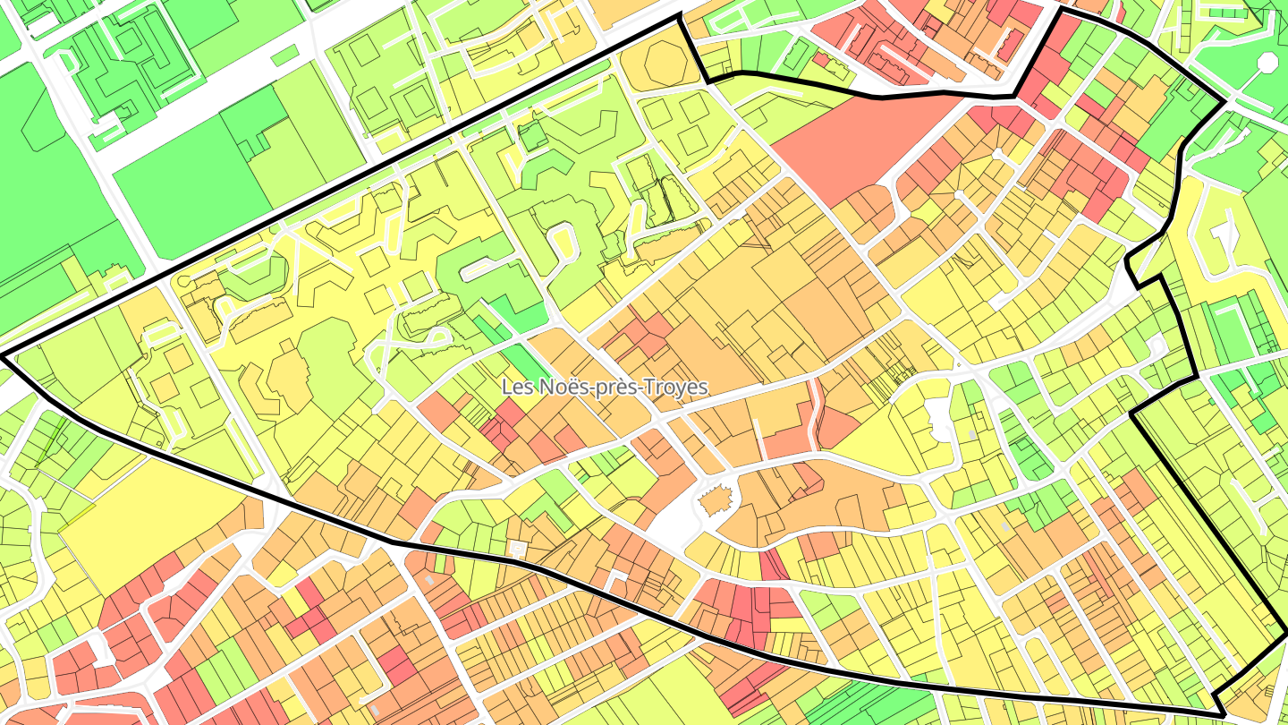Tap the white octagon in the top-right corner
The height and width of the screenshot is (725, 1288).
pyautogui.click(x=1267, y=63)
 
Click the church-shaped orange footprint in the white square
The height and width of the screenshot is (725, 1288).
pyautogui.click(x=715, y=501)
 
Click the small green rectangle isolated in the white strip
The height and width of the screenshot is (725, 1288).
pyautogui.click(x=284, y=55)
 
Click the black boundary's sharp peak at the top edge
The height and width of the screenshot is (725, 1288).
pyautogui.click(x=679, y=15)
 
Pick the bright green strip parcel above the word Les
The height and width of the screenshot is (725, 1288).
pyautogui.click(x=528, y=362)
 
